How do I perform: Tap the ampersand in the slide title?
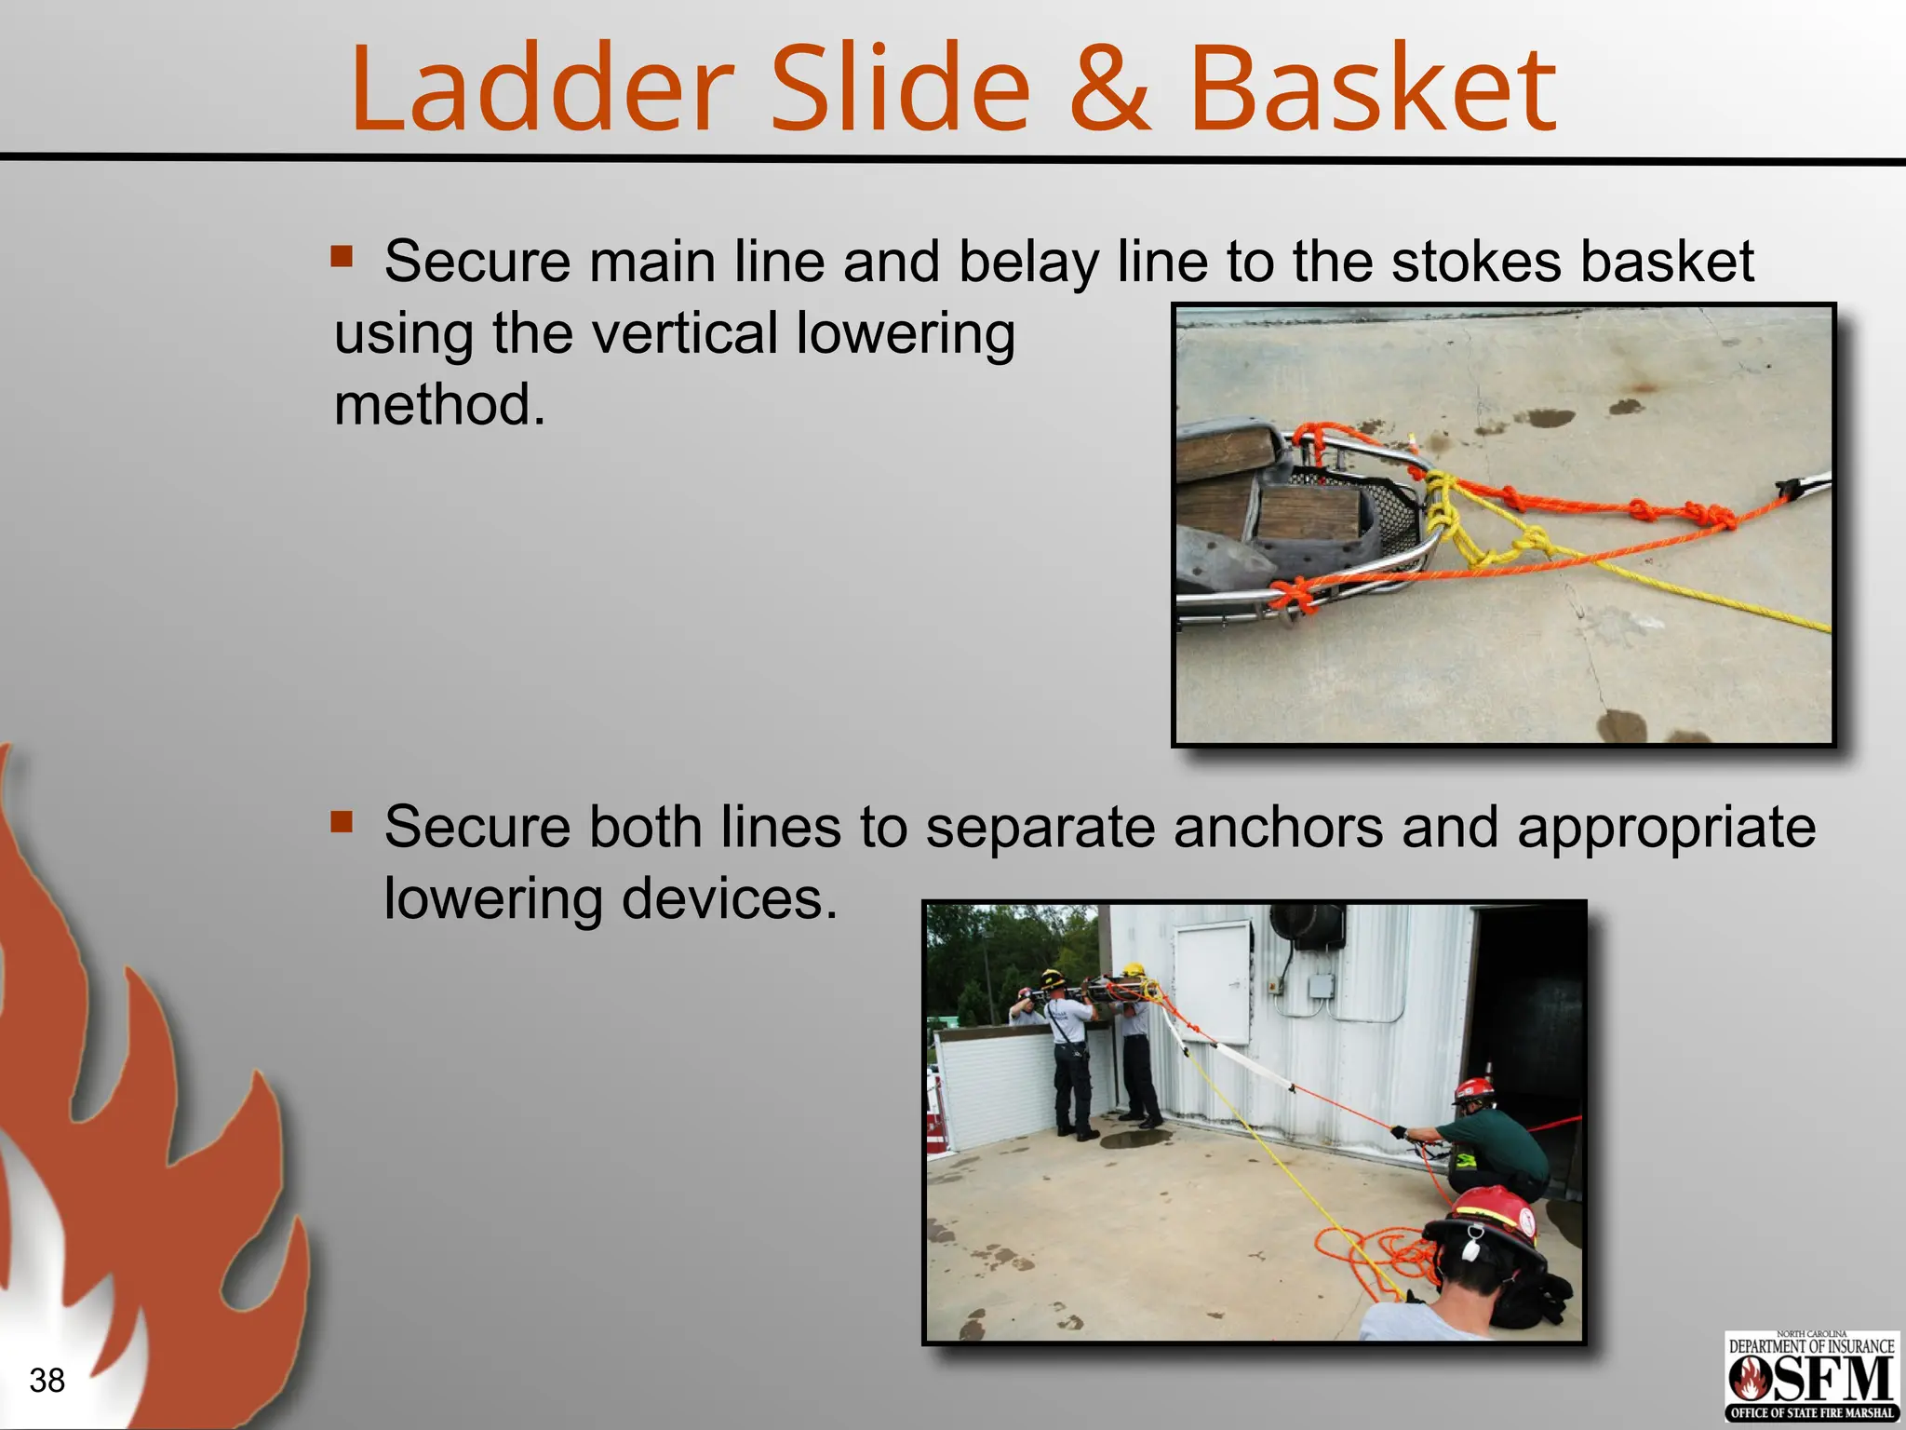tap(1108, 88)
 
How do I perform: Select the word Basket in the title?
tap(1373, 88)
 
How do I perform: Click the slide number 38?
tap(47, 1380)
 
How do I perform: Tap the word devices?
tap(729, 899)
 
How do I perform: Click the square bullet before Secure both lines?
tap(342, 821)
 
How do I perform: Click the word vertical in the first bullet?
tap(684, 333)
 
